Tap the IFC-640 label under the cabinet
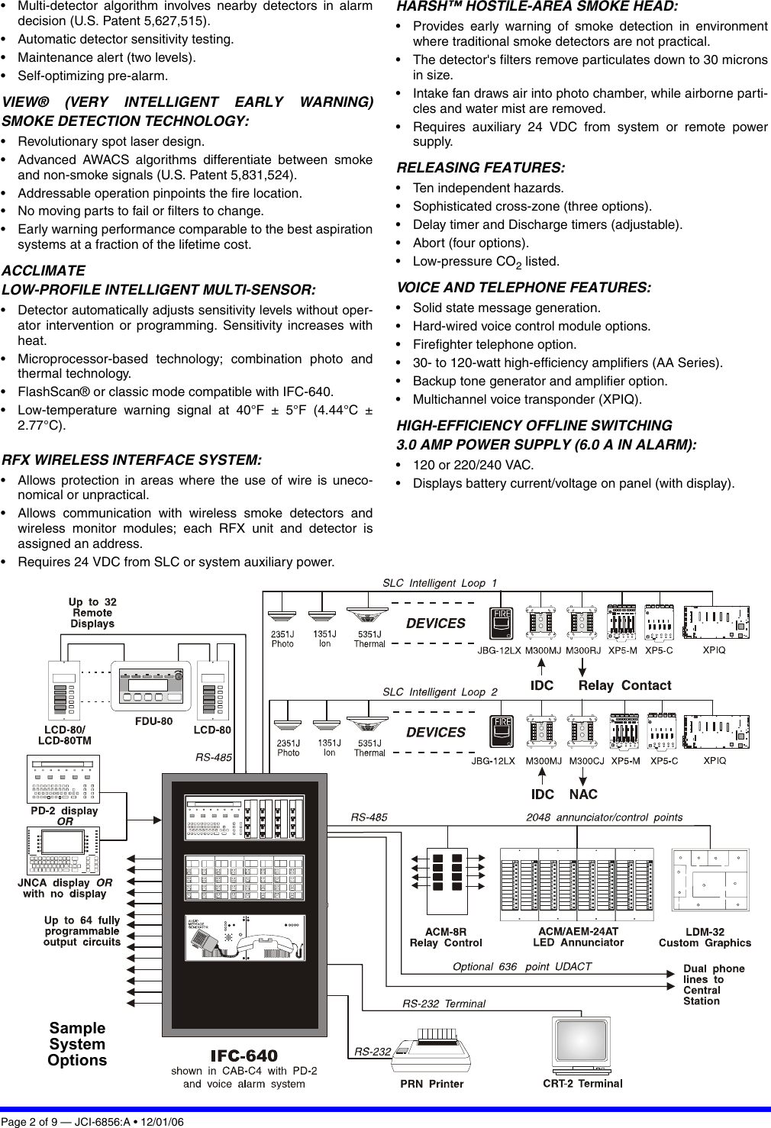tap(244, 1056)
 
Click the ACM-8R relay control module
tap(447, 881)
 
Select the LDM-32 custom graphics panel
tap(710, 880)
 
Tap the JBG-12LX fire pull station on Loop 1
tap(501, 623)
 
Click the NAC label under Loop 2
tap(583, 794)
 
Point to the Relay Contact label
tap(624, 685)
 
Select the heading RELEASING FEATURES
tap(481, 168)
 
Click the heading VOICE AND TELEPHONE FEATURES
tap(524, 288)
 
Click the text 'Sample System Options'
tap(77, 1044)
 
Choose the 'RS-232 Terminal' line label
tap(444, 1004)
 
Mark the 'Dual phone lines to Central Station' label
tap(713, 985)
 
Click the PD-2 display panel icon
tap(63, 778)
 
